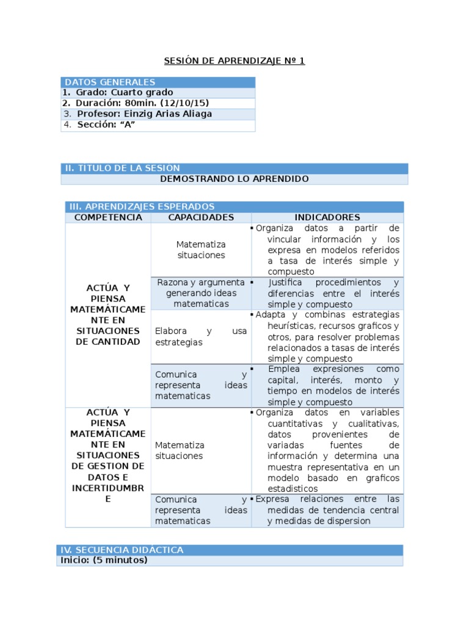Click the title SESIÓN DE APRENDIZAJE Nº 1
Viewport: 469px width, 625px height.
[234, 60]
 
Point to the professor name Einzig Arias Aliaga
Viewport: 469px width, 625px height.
[168, 114]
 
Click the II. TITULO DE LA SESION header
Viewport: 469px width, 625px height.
[122, 168]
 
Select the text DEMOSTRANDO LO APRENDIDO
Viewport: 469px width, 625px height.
[234, 179]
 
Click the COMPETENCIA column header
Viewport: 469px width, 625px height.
[108, 217]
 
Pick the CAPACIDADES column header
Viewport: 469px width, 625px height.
[201, 217]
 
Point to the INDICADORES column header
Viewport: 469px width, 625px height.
[327, 217]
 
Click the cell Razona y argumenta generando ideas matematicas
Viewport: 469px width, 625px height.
[201, 293]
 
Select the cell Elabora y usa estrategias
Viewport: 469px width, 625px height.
[201, 337]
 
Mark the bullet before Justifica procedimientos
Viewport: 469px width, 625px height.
[253, 283]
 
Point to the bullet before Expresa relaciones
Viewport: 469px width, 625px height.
[253, 499]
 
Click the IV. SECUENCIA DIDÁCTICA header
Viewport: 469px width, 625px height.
[122, 550]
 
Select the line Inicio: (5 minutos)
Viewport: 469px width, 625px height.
[104, 560]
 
